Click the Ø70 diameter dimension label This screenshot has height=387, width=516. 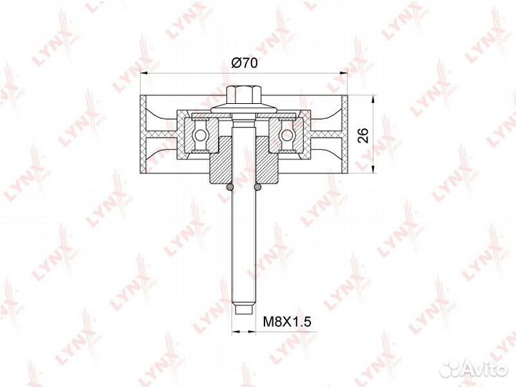coord(244,62)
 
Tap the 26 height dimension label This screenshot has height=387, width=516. coord(363,135)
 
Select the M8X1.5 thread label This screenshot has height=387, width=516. coord(287,321)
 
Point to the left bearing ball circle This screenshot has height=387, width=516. coord(200,135)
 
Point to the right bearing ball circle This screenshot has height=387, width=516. coord(287,135)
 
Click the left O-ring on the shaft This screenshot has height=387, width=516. coord(230,187)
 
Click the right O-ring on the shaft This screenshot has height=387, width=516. coord(258,187)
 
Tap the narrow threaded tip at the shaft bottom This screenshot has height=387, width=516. coord(244,310)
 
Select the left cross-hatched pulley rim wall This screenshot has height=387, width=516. coord(143,134)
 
